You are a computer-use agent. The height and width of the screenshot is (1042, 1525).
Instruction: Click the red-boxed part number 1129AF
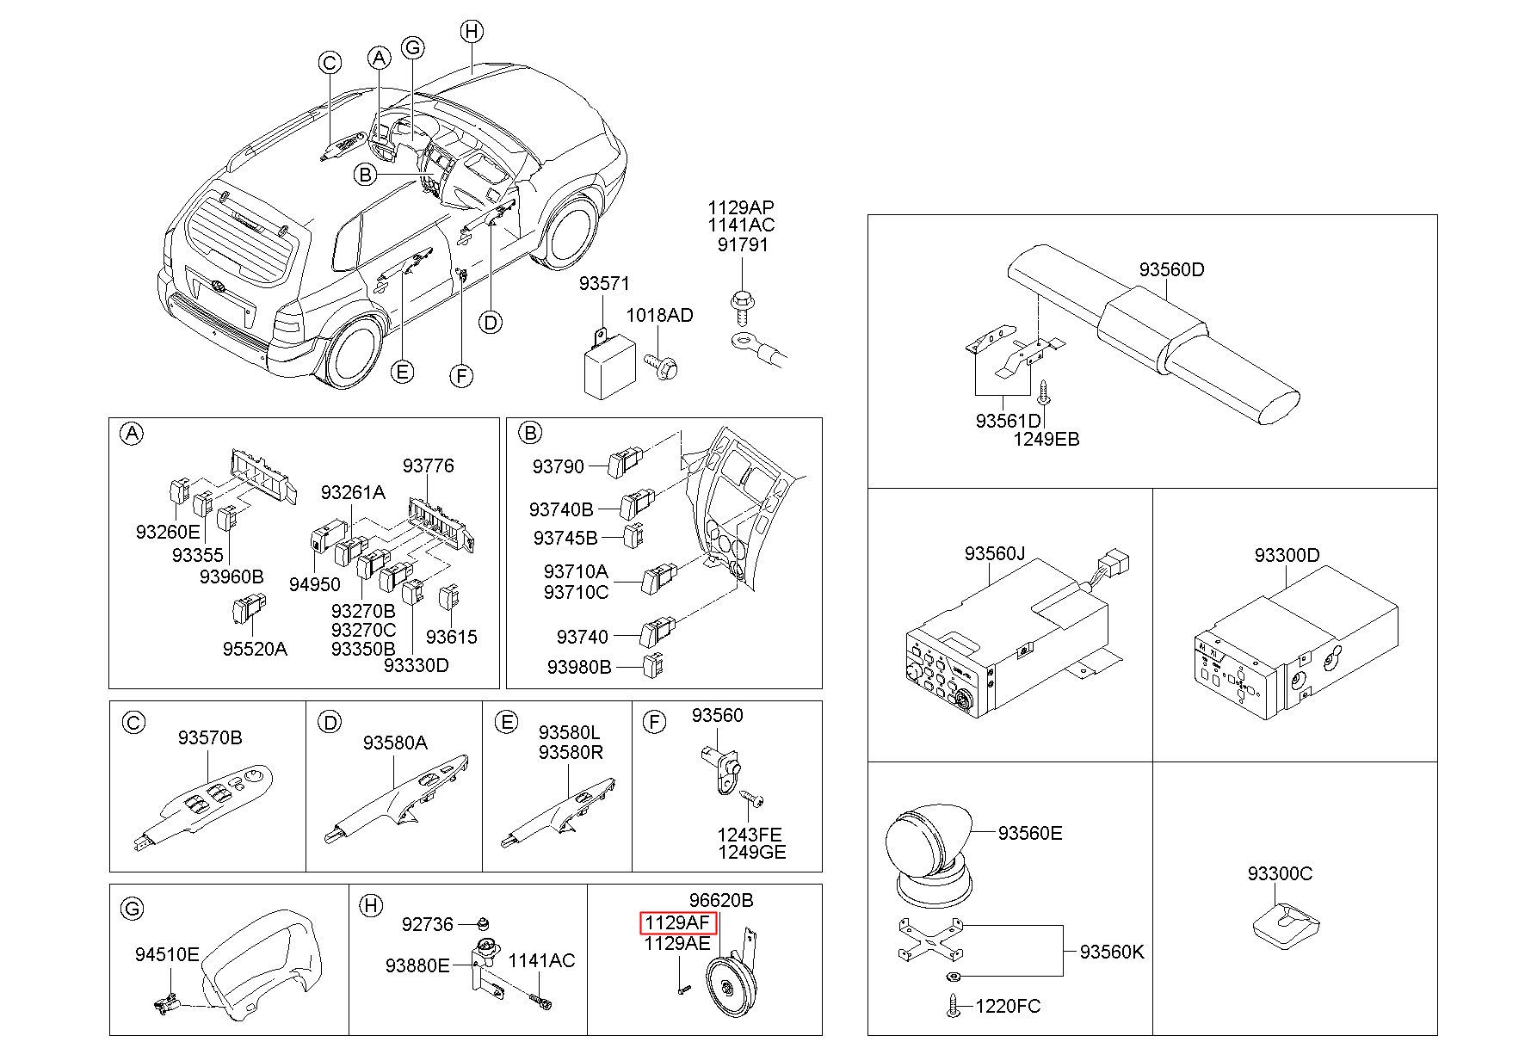678,923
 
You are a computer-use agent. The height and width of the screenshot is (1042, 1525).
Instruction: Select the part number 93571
603,283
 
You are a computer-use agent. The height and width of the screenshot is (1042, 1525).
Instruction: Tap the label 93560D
1171,269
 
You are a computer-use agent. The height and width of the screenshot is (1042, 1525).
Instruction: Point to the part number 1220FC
1008,1006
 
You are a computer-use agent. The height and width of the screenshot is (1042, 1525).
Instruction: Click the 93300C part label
1280,873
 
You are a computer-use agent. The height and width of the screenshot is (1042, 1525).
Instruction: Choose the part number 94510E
167,953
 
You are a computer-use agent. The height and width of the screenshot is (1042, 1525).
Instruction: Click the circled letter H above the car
471,32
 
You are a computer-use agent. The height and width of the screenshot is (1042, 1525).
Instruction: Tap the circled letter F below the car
462,375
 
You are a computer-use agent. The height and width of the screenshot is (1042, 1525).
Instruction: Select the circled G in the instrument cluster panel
133,908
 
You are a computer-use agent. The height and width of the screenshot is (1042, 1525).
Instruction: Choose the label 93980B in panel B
578,667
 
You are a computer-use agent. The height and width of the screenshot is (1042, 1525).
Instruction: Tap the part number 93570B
210,737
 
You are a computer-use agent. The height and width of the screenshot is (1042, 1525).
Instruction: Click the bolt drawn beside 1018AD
664,367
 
